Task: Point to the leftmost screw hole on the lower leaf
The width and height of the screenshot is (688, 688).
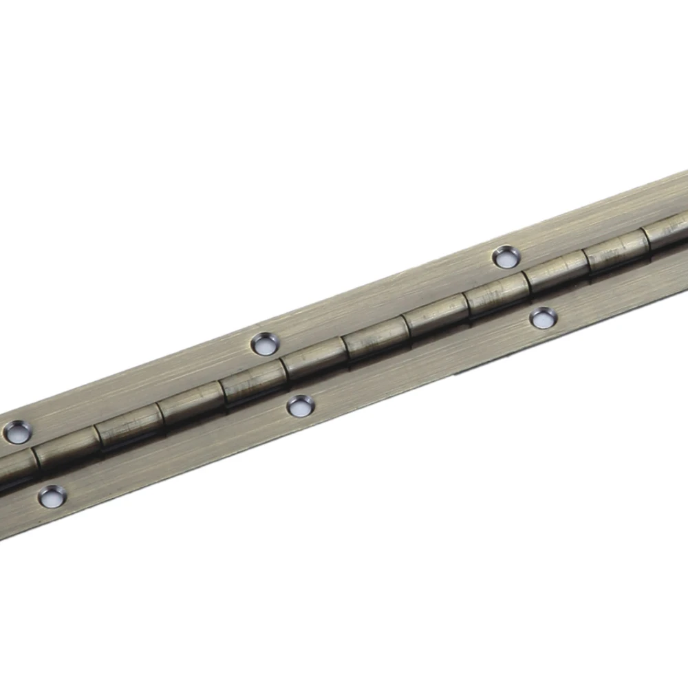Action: click(52, 495)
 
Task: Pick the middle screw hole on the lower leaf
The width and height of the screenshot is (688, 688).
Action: click(299, 406)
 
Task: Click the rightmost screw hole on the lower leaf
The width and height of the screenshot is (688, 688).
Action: click(543, 317)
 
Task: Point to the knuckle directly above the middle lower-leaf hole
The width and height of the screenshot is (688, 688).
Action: click(313, 360)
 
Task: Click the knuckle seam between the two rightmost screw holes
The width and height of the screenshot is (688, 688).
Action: click(526, 284)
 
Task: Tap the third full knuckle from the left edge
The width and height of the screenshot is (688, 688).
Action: click(190, 405)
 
